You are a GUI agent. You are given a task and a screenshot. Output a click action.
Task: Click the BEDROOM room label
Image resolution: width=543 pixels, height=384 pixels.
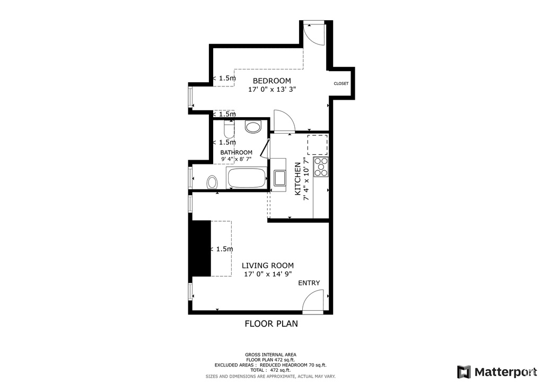(x=271, y=81)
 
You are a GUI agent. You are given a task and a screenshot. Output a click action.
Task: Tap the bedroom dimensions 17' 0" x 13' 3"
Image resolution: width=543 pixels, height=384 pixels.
(x=271, y=90)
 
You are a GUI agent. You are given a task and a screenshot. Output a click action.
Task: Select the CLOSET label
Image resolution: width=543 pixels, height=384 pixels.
(x=341, y=83)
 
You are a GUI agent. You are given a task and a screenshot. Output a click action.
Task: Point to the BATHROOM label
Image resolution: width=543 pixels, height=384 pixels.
(x=237, y=152)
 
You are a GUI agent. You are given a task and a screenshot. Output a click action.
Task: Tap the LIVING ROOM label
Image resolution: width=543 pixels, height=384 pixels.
(x=268, y=266)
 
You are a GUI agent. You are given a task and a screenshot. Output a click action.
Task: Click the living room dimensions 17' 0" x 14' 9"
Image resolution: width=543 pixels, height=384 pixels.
(x=268, y=274)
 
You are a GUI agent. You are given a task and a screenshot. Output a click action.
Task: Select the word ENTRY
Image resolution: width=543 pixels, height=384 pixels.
(x=309, y=283)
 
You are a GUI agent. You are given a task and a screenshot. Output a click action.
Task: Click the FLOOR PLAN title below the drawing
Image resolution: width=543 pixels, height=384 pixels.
(x=271, y=324)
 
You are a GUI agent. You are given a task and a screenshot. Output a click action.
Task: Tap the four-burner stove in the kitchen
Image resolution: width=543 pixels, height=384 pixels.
(x=321, y=167)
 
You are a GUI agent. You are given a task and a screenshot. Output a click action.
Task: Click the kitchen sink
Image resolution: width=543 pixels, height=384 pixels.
(x=279, y=178)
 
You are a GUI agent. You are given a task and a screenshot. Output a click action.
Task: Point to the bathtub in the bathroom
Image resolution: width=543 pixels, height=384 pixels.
(x=246, y=178)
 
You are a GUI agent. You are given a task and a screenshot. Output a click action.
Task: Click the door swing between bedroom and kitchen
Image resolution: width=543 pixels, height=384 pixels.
(x=284, y=120)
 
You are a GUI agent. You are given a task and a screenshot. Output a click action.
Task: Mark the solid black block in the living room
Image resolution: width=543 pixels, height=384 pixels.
(x=200, y=248)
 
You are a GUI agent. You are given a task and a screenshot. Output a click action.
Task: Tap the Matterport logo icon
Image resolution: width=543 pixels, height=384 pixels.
(x=464, y=371)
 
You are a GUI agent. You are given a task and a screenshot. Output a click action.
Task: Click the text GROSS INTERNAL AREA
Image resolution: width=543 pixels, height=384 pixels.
(x=270, y=355)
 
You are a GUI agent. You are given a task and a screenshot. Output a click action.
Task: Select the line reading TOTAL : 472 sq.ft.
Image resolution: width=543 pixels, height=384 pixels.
(x=270, y=371)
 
